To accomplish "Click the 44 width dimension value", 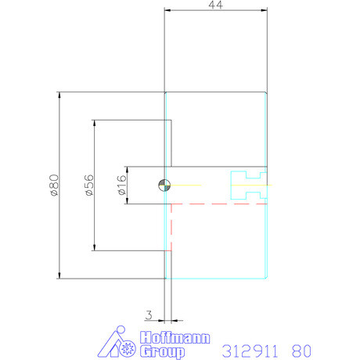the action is tap(215, 5).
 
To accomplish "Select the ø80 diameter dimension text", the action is tap(54, 185).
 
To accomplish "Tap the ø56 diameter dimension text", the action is tap(88, 185).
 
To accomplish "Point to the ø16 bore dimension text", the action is tap(121, 185).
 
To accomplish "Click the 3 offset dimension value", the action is tap(149, 315).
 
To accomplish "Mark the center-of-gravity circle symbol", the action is tap(164, 185).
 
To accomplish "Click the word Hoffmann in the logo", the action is tap(175, 338).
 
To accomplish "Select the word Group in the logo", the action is tap(162, 351).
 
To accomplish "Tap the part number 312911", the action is tap(250, 351).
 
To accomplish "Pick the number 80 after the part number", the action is tap(301, 351).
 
